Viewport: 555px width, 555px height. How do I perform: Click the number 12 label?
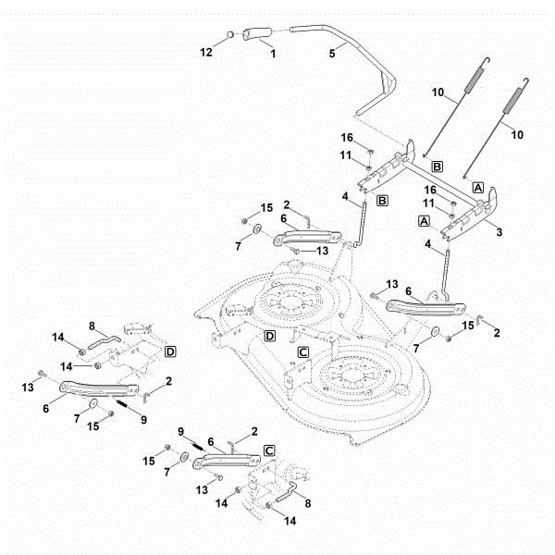206,53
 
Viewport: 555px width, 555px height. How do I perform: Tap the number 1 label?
273,54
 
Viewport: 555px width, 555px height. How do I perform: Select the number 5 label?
332,54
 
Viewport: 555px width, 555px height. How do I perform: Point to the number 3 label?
499,232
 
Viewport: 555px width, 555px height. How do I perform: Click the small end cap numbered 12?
229,35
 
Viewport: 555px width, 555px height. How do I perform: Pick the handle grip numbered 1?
256,33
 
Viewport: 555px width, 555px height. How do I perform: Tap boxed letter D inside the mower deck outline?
270,336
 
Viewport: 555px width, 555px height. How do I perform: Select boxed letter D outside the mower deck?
170,351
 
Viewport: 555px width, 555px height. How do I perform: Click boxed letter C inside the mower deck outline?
303,352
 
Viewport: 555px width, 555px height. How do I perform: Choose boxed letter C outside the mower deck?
269,451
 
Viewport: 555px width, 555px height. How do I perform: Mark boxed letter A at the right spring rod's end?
478,188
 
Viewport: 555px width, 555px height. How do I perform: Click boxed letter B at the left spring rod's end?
438,166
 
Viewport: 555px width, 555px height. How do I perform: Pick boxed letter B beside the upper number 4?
382,201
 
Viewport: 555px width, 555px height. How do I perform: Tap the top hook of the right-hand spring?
526,81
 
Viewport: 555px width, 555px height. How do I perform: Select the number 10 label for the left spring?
438,92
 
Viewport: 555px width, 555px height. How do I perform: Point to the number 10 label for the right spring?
517,135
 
